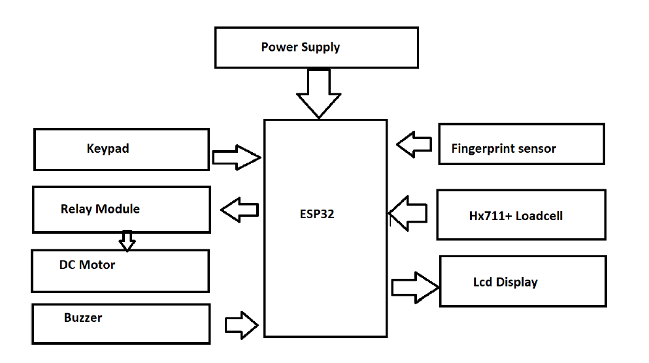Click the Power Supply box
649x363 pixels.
click(316, 47)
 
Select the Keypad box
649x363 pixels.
click(122, 149)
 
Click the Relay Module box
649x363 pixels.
click(122, 210)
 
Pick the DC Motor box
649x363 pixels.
click(120, 270)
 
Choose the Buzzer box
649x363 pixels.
click(121, 324)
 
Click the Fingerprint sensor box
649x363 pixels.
click(521, 144)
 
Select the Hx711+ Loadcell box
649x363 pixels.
click(521, 215)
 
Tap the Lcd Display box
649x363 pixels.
click(523, 281)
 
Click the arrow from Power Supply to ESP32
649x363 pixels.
click(319, 93)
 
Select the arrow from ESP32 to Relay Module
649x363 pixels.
click(240, 210)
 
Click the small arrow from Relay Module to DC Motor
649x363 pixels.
click(127, 240)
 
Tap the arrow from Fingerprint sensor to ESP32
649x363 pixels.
click(414, 144)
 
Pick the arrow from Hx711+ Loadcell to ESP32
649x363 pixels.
click(408, 213)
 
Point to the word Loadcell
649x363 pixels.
click(539, 215)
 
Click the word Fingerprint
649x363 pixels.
click(482, 148)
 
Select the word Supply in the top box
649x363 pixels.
click(320, 47)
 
